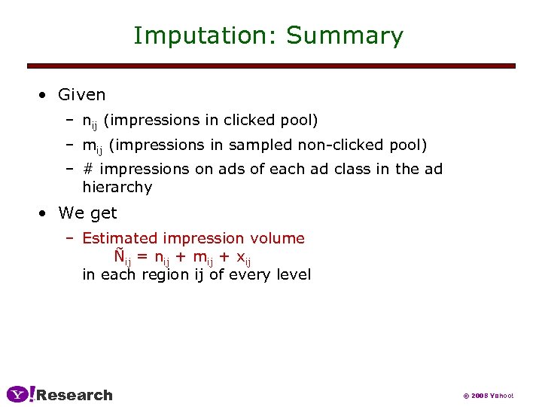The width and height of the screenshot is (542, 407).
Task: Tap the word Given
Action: point(82,95)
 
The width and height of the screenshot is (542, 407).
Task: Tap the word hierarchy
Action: point(117,187)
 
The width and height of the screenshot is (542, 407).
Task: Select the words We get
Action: point(87,213)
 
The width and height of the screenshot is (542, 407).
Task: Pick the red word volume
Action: point(279,239)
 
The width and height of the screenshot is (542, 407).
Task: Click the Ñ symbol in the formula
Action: point(120,256)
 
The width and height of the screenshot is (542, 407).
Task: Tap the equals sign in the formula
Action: point(143,257)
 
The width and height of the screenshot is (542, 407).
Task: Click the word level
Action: point(294,274)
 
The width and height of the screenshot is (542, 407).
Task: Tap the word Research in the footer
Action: point(75,395)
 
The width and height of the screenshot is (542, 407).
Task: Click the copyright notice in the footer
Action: point(489,396)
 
